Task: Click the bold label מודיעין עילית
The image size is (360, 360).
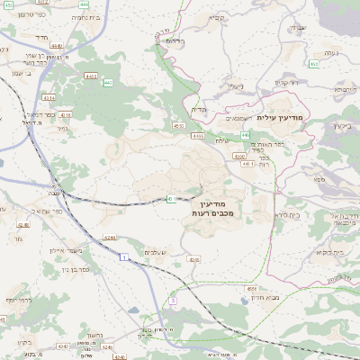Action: coord(280,118)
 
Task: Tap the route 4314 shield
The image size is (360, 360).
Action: coord(49,97)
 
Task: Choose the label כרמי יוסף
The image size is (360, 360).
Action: coord(19,299)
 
